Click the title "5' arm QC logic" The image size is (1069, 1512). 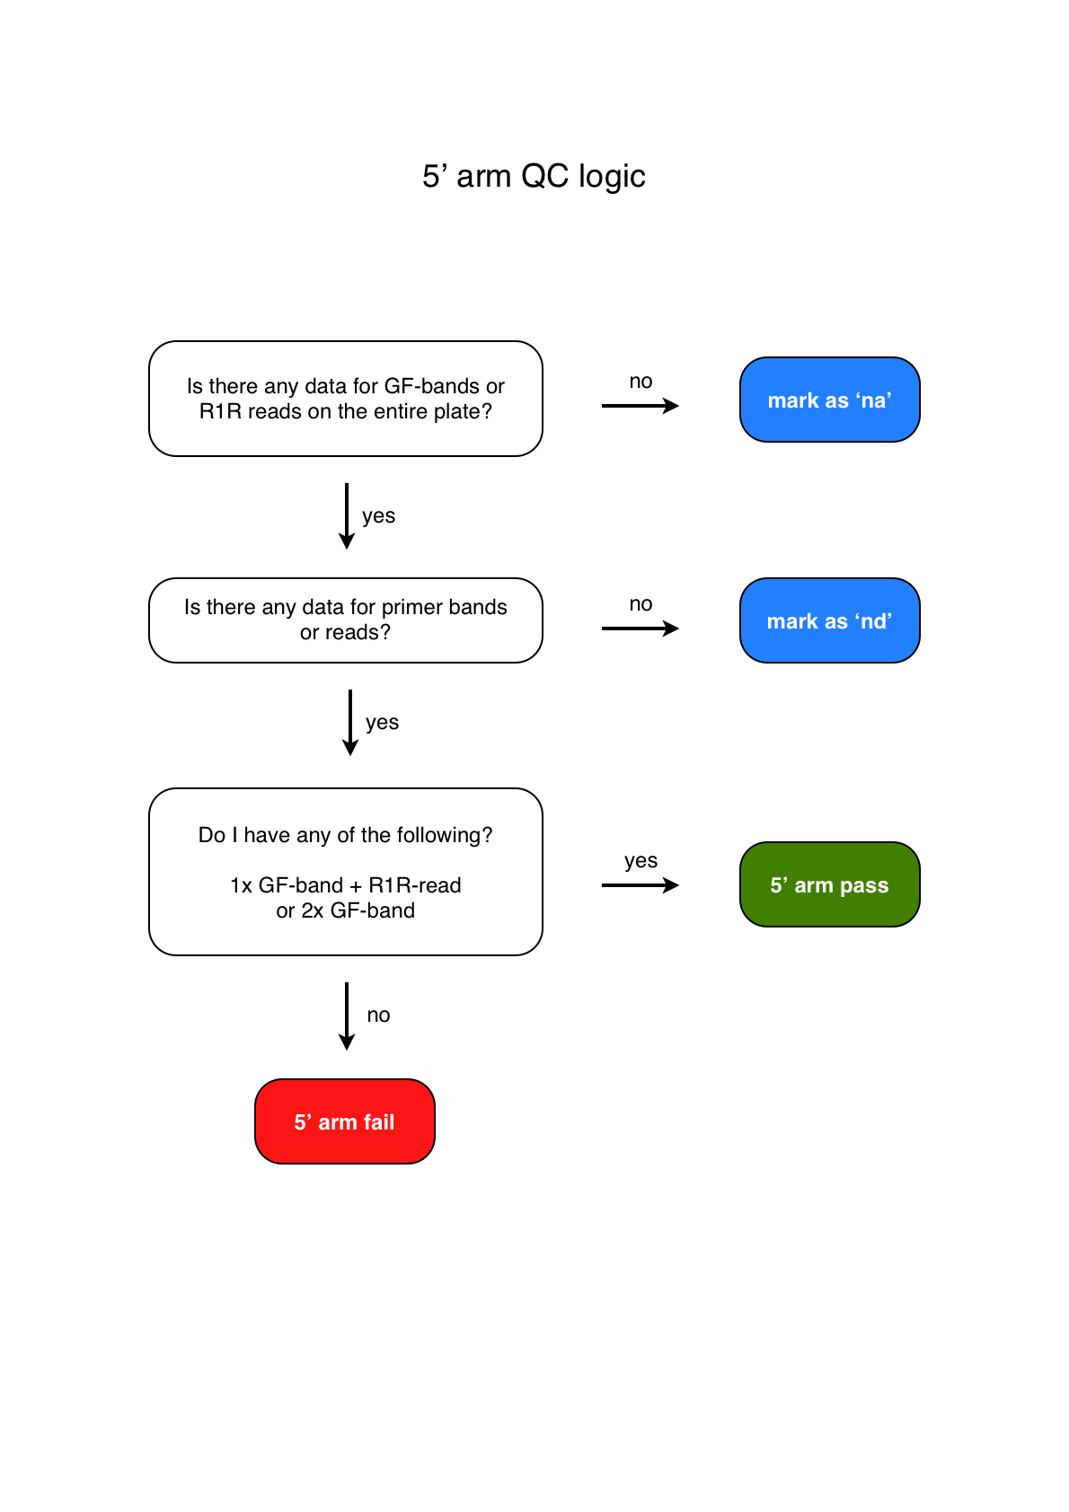[534, 177]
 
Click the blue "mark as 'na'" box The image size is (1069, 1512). [829, 400]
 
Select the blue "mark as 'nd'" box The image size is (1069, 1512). [829, 621]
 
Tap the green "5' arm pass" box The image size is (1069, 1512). [829, 885]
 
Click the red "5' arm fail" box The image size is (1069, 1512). [345, 1122]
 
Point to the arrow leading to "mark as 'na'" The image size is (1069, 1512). [640, 406]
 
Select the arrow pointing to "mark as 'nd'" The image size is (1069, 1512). [640, 629]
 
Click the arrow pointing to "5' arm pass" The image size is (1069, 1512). [640, 885]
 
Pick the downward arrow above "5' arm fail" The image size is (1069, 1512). [347, 1016]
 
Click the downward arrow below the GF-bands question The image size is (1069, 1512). [347, 516]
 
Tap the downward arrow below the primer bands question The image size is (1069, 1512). [350, 723]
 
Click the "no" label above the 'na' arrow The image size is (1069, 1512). [641, 382]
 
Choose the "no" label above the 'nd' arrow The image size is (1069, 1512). [641, 604]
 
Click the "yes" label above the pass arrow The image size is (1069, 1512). [641, 861]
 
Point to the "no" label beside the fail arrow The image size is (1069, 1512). [378, 1015]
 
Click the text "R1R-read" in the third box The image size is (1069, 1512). [415, 886]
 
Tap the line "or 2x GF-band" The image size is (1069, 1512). [346, 911]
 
